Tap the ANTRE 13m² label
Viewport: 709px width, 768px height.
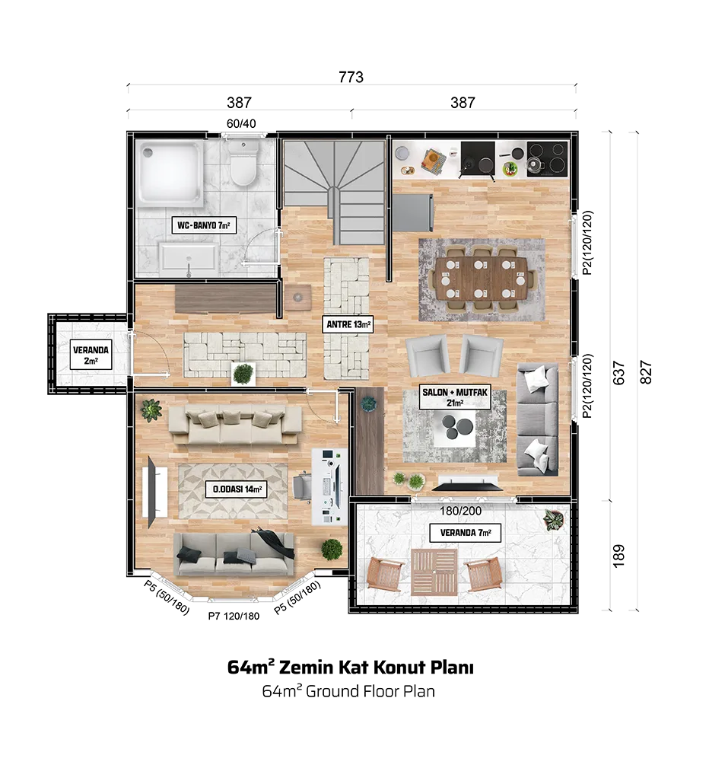pyautogui.click(x=348, y=324)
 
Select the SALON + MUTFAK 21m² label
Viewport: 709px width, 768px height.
pyautogui.click(x=455, y=397)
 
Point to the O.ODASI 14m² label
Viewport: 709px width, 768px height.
pyautogui.click(x=237, y=489)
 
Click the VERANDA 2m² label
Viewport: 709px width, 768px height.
pyautogui.click(x=91, y=356)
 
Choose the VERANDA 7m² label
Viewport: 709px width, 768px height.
pyautogui.click(x=465, y=532)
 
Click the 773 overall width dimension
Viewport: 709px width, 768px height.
pyautogui.click(x=351, y=77)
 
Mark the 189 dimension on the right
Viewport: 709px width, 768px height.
pyautogui.click(x=619, y=556)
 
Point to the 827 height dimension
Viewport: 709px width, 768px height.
pyautogui.click(x=647, y=372)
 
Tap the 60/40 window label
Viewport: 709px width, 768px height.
pyautogui.click(x=241, y=123)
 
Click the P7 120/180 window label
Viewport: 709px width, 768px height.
pyautogui.click(x=234, y=617)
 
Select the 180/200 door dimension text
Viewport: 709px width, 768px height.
pyautogui.click(x=460, y=511)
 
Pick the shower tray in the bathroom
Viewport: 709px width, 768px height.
pyautogui.click(x=169, y=174)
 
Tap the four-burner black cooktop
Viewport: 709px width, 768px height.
pyautogui.click(x=548, y=159)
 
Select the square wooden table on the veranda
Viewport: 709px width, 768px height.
pyautogui.click(x=434, y=572)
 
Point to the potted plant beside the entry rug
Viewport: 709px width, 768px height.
pyautogui.click(x=243, y=373)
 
